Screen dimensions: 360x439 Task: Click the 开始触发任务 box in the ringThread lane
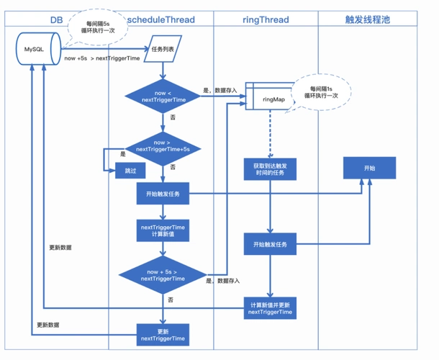pos(270,245)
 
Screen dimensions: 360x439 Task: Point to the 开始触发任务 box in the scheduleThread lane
pos(163,193)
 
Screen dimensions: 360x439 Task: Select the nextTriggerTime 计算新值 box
pos(163,231)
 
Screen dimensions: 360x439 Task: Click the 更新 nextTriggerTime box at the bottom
pos(163,334)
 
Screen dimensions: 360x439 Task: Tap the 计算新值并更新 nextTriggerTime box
pos(270,307)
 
